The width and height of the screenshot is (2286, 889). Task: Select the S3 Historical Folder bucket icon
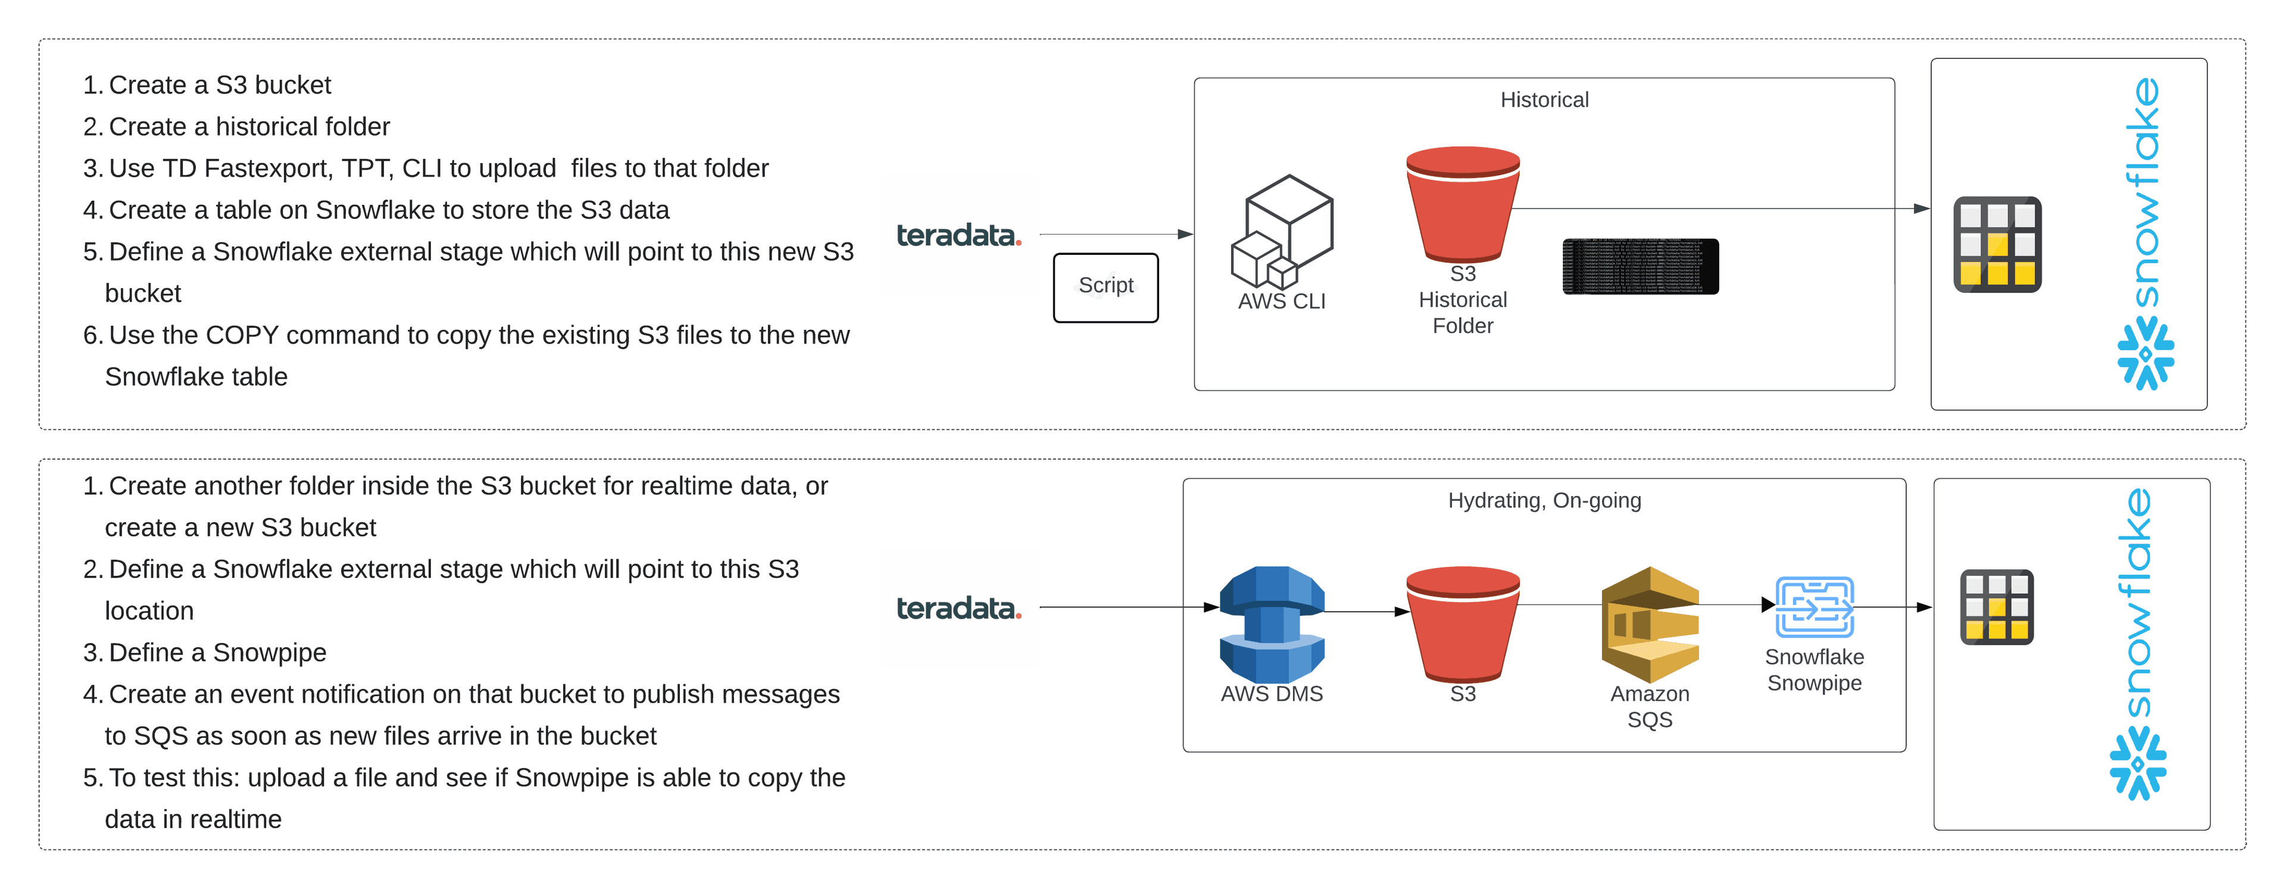[x=1463, y=204]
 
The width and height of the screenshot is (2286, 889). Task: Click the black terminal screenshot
[x=1640, y=266]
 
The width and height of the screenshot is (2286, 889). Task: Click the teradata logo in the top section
[x=958, y=235]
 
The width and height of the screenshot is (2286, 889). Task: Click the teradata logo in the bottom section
[x=958, y=609]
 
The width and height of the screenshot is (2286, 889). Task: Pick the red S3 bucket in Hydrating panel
[x=1463, y=623]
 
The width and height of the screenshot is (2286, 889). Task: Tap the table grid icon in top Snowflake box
[x=1997, y=245]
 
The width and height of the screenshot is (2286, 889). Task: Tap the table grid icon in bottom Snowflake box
[x=1996, y=607]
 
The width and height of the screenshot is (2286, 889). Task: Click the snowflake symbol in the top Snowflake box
[x=2145, y=354]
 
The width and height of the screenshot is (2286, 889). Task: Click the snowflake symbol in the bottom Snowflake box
[x=2137, y=763]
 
